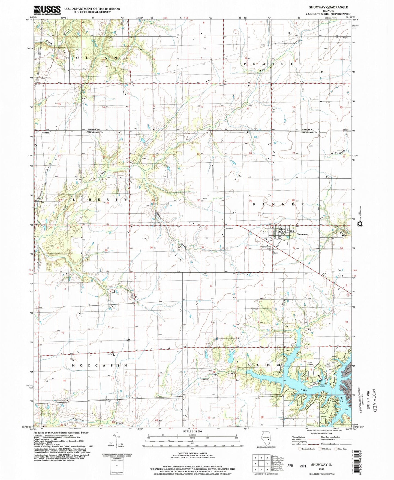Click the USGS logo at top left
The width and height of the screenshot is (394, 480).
[x=47, y=10]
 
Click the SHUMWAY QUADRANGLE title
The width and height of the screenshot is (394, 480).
[x=324, y=7]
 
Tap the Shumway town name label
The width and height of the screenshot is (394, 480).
[x=302, y=234]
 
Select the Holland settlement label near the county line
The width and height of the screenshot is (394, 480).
[x=46, y=133]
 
